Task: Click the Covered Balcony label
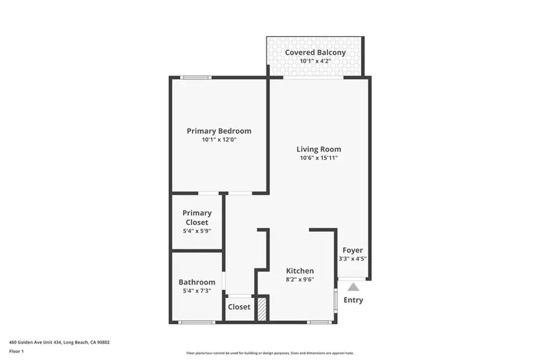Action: [x=315, y=52]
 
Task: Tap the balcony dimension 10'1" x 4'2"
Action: [x=315, y=61]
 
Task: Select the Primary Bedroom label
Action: [x=219, y=131]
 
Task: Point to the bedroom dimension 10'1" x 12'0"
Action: [x=219, y=140]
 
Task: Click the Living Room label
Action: [x=319, y=149]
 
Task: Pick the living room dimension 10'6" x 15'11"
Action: [x=319, y=158]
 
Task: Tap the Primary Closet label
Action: [x=197, y=217]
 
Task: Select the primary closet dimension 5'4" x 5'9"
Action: [x=197, y=230]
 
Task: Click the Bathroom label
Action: [x=197, y=282]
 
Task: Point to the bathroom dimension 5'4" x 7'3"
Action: [x=197, y=291]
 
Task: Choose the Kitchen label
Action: [x=299, y=271]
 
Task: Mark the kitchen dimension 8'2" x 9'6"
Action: [x=299, y=279]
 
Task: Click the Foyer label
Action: [x=353, y=250]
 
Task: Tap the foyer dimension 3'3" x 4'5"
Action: [x=353, y=259]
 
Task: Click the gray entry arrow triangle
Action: [x=353, y=287]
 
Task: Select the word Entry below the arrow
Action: [x=353, y=300]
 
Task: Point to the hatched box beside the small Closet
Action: [x=261, y=309]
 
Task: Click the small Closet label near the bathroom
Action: [x=239, y=307]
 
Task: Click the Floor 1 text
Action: [x=16, y=351]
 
